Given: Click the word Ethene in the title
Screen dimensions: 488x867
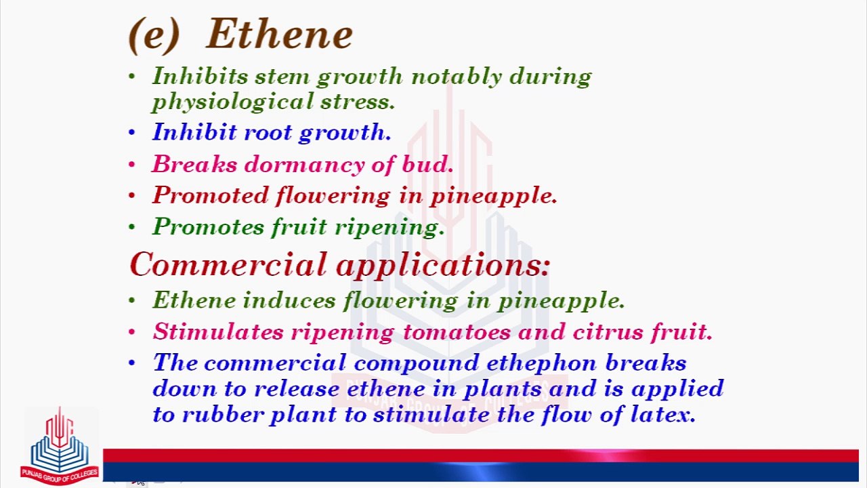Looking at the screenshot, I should [x=279, y=34].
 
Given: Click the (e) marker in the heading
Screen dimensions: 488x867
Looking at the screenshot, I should [x=154, y=35].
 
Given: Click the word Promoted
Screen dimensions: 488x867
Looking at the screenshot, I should [x=210, y=196].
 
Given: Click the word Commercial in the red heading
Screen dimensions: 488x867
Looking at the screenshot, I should [x=228, y=264].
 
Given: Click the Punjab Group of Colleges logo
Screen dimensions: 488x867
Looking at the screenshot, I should [x=60, y=447].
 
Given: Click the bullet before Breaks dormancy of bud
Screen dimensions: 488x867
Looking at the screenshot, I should [x=132, y=165].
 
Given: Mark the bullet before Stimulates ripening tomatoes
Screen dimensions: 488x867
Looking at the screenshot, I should [x=132, y=332].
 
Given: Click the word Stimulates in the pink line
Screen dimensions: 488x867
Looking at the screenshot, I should [x=217, y=332].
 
